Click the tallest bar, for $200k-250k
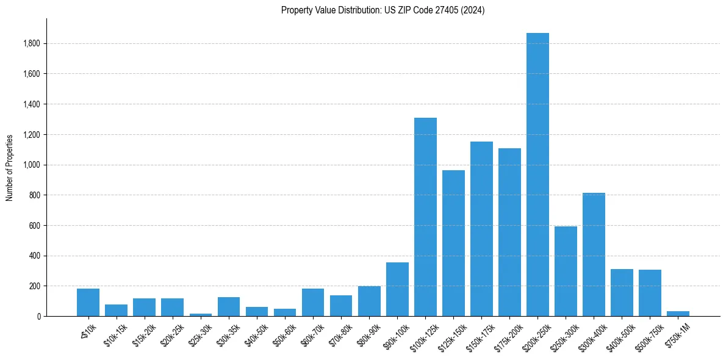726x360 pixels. [x=537, y=177]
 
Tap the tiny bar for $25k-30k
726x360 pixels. [x=201, y=314]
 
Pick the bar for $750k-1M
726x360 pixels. [x=678, y=313]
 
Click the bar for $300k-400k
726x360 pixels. [x=594, y=256]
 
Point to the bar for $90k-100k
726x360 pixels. [x=397, y=290]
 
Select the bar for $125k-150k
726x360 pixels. [x=453, y=244]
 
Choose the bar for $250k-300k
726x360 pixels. [x=566, y=272]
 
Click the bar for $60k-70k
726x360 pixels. [x=313, y=303]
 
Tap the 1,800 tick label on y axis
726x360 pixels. [x=32, y=44]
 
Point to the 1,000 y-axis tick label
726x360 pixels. [x=32, y=165]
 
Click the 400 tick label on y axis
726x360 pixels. [x=35, y=256]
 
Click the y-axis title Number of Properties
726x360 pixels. [x=10, y=167]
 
